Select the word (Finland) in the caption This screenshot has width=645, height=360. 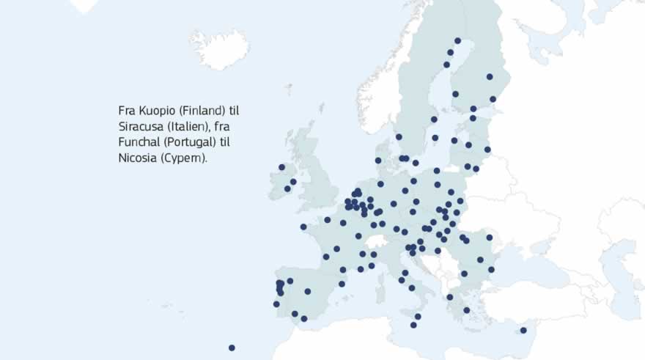point(199,111)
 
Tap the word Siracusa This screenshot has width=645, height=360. point(140,126)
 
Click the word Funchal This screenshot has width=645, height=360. point(139,142)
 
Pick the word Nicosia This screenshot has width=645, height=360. point(138,158)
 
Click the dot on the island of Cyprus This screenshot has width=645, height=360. point(523,331)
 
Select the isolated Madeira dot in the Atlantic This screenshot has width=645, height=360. point(232,348)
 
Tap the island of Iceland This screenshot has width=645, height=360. point(218,47)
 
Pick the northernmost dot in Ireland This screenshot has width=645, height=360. point(281,167)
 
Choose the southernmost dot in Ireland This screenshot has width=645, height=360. point(287,188)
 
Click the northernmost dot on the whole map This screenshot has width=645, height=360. point(457,41)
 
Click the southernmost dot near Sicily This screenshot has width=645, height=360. point(413,325)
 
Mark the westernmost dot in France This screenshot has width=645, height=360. point(303,227)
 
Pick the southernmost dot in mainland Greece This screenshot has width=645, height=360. point(466,310)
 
